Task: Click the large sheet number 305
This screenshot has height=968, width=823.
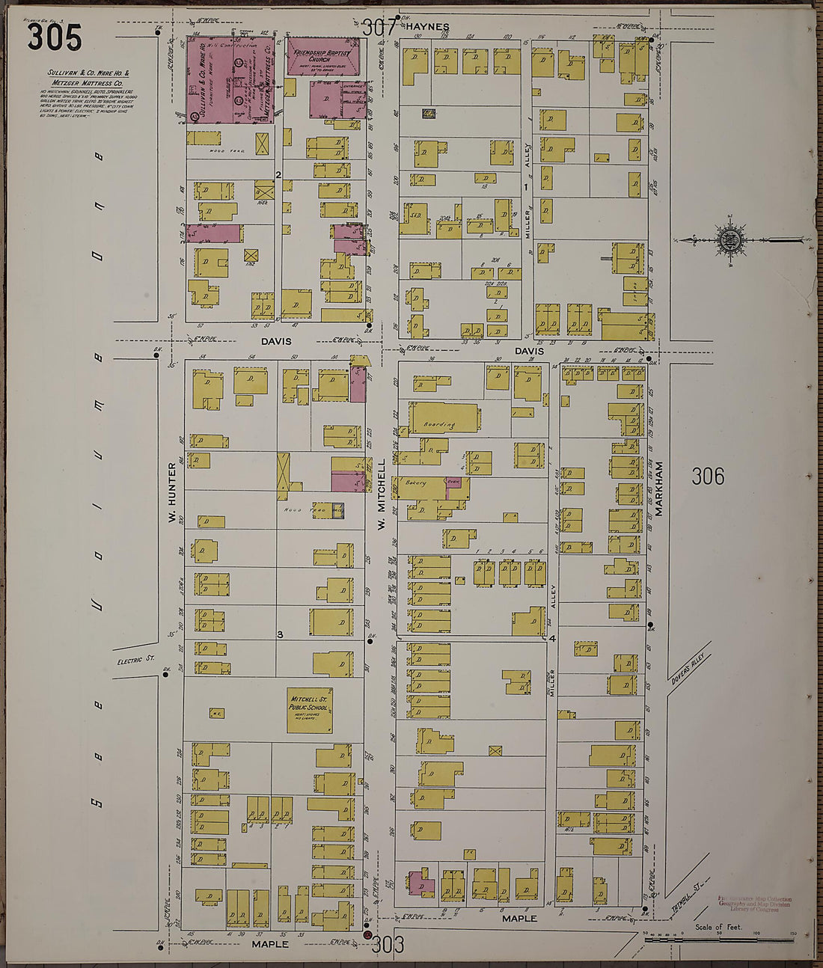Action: click(x=54, y=37)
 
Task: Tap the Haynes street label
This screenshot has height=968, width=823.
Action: click(x=427, y=26)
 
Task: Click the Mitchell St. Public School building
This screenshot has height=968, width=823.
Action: click(x=310, y=711)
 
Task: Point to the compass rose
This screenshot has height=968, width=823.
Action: click(x=727, y=240)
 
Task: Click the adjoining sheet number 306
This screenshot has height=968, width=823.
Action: click(x=707, y=476)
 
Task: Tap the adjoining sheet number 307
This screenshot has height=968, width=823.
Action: click(x=378, y=28)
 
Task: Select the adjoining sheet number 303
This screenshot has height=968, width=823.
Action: click(x=388, y=945)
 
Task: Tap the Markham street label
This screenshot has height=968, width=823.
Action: click(x=660, y=487)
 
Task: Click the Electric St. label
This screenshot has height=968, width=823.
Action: click(x=135, y=661)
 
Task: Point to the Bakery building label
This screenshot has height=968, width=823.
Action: click(x=416, y=483)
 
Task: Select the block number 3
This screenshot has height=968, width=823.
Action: click(x=279, y=635)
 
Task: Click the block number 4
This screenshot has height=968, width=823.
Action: click(x=552, y=638)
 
